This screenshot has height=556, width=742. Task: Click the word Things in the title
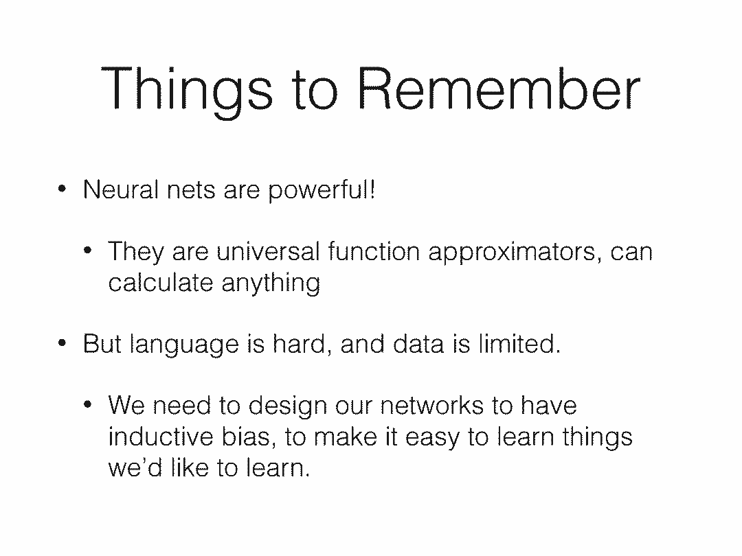tap(187, 91)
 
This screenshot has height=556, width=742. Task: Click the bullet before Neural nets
tap(62, 189)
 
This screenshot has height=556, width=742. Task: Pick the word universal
tap(268, 251)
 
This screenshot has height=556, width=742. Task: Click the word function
tap(374, 251)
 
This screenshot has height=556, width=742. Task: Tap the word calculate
tap(160, 282)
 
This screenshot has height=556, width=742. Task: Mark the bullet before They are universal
tap(87, 251)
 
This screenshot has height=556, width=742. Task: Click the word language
tap(184, 345)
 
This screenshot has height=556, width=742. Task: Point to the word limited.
tap(519, 343)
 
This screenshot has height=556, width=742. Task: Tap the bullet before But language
tap(62, 343)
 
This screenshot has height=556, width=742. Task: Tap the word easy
tap(433, 438)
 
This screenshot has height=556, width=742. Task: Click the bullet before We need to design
tap(87, 405)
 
